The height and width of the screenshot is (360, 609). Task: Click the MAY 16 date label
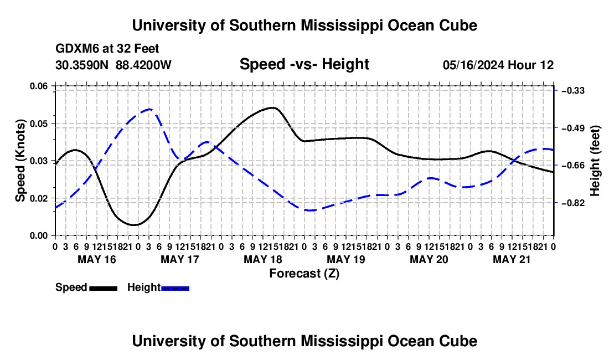point(97,259)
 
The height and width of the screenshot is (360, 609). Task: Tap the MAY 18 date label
point(263,259)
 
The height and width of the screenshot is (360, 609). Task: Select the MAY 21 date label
point(512,259)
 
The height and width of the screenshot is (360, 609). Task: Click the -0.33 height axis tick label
point(573,90)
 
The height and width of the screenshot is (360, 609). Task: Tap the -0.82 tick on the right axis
point(573,203)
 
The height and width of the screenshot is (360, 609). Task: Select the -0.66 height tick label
point(573,166)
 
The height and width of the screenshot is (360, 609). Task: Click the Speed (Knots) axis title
point(20,161)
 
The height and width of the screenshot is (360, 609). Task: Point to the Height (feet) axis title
point(595,161)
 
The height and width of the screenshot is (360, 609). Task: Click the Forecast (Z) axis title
point(304,274)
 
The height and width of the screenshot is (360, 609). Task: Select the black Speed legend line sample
point(104,288)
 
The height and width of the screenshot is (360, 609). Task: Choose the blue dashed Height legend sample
point(175,288)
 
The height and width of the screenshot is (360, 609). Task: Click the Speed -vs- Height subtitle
point(304,64)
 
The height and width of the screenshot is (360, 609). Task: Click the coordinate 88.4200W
point(143,65)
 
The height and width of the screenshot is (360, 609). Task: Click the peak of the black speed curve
point(273,107)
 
